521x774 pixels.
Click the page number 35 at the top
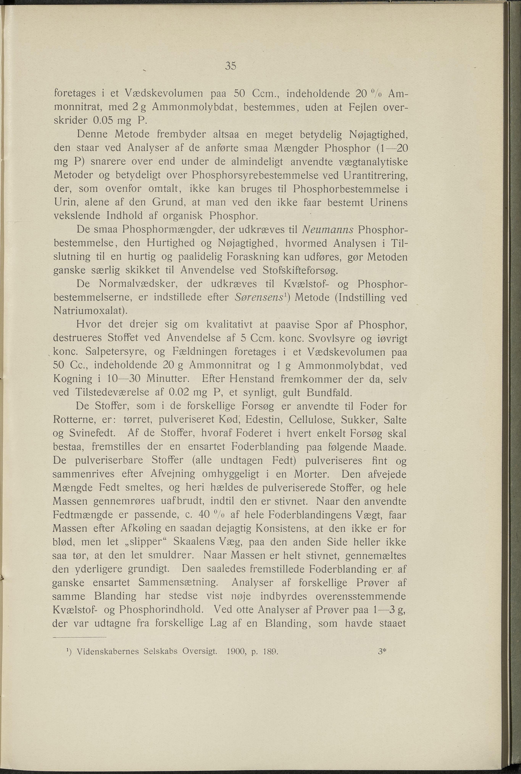tap(231, 66)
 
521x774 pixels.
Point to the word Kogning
tap(73, 379)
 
